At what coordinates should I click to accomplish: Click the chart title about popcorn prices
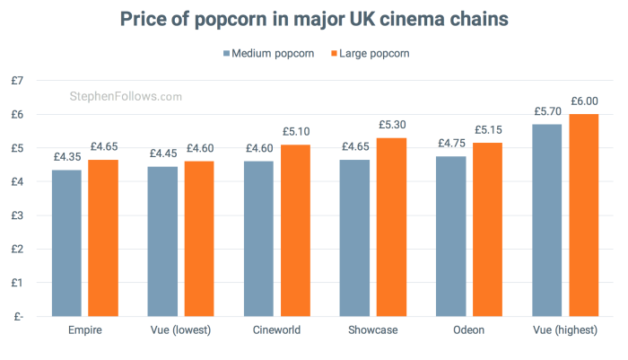313,18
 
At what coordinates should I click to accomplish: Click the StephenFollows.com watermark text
126,96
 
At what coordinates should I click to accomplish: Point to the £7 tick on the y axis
18,81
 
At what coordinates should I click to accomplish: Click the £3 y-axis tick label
18,215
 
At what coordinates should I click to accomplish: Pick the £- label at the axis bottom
18,316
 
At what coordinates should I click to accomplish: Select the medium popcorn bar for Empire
67,242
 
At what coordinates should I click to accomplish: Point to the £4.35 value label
67,157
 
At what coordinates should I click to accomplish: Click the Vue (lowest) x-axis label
180,330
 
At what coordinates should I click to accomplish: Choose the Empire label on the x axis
84,330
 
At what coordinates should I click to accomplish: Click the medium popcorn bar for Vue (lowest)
163,241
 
